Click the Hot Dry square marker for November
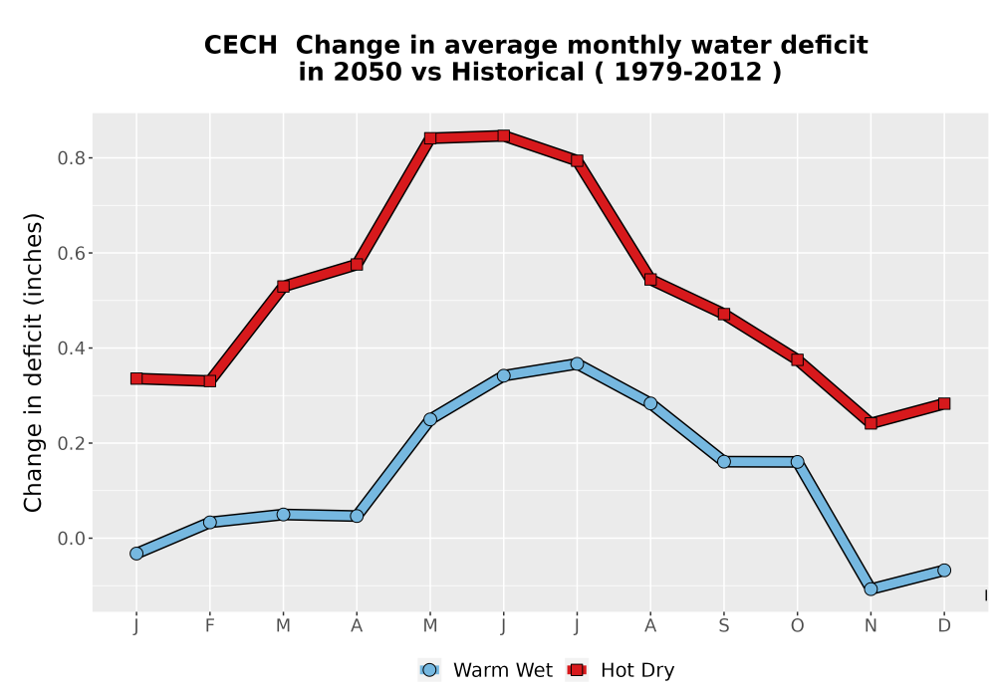[871, 423]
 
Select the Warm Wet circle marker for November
[871, 589]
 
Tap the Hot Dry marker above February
[209, 381]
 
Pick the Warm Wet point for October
[797, 461]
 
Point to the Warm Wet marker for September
[724, 461]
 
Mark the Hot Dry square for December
[944, 403]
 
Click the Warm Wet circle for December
[944, 570]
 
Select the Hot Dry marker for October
[797, 359]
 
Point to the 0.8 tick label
[71, 158]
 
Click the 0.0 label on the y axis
[71, 539]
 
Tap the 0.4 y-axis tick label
[71, 348]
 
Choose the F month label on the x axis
[209, 626]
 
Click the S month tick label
[723, 626]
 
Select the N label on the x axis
[871, 626]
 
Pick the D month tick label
[944, 626]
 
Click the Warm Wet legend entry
[486, 670]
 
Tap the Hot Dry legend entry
[620, 670]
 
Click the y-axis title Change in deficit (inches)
[33, 362]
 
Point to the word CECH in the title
[241, 46]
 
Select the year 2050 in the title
[368, 73]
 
